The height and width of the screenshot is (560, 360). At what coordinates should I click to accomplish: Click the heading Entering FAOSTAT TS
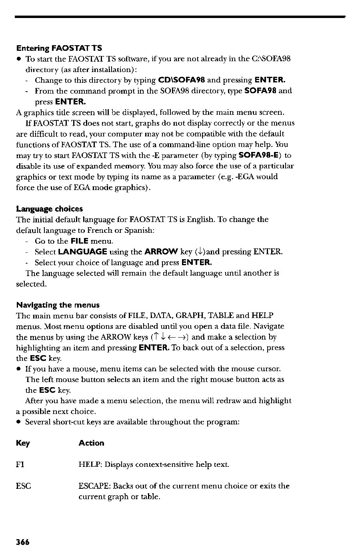click(x=59, y=48)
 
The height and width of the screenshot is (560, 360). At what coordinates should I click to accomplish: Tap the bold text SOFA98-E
click(x=260, y=155)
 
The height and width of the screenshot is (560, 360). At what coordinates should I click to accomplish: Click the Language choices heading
click(x=50, y=209)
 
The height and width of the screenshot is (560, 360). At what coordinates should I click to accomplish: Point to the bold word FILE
click(x=79, y=241)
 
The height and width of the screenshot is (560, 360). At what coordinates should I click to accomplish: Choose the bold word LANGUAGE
click(x=82, y=252)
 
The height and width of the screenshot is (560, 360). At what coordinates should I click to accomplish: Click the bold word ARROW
click(x=161, y=252)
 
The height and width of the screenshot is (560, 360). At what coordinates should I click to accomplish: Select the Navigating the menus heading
click(x=58, y=305)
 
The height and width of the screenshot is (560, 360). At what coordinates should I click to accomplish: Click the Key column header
click(x=23, y=443)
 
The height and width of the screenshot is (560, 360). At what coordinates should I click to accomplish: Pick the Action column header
click(x=91, y=443)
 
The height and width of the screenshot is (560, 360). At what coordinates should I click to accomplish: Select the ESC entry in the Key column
click(x=24, y=486)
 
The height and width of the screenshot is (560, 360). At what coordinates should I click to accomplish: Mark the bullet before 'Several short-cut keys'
click(x=18, y=422)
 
